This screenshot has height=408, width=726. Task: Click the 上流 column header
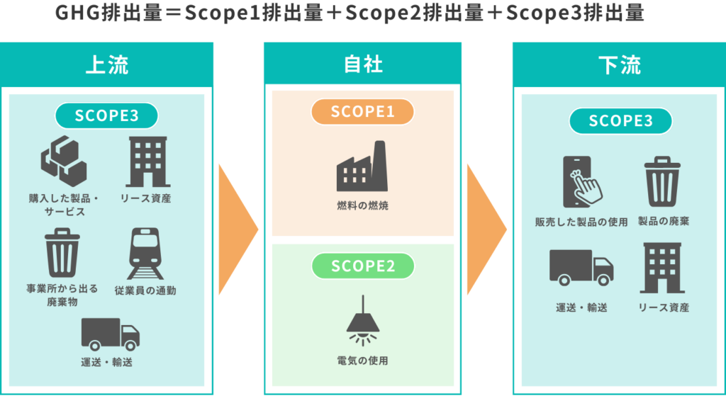pos(106,64)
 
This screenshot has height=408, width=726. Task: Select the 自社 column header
pos(363,64)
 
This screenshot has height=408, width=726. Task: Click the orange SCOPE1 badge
pos(362,112)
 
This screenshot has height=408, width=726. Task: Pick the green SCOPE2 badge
pos(362,266)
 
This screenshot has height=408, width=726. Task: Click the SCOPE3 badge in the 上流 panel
pos(106,115)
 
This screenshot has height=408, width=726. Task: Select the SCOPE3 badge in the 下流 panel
pos(620,120)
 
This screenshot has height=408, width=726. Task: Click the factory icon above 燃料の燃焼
pos(362,169)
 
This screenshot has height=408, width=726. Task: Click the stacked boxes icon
pos(63,159)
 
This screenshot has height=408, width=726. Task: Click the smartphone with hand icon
pos(581,181)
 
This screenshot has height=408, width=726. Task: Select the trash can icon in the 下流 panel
pos(663,182)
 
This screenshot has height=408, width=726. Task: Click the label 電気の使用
pos(362,361)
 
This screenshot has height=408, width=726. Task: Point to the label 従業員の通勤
pos(145,290)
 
